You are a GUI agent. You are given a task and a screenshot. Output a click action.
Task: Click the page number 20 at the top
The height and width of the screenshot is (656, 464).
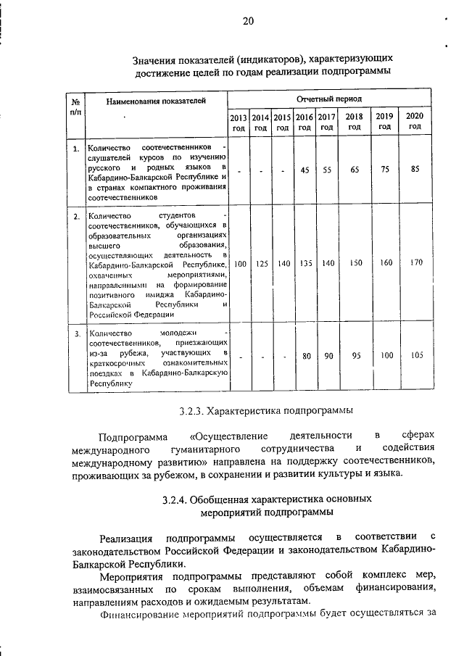248,21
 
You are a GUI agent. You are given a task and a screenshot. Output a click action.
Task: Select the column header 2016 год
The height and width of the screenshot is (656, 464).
304,121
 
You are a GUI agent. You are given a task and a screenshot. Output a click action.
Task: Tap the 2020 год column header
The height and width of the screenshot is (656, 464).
415,121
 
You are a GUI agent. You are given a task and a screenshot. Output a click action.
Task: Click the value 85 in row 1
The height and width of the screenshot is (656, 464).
415,170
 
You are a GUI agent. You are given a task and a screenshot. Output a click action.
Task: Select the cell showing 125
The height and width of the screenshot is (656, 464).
261,263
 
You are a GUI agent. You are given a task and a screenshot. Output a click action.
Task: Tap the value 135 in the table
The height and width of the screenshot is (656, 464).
305,263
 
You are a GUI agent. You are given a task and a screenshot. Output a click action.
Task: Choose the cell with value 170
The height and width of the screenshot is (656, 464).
415,262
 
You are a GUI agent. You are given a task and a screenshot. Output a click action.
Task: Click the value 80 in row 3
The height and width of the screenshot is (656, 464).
306,356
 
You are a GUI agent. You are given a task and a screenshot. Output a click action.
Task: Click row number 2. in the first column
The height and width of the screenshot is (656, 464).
76,216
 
